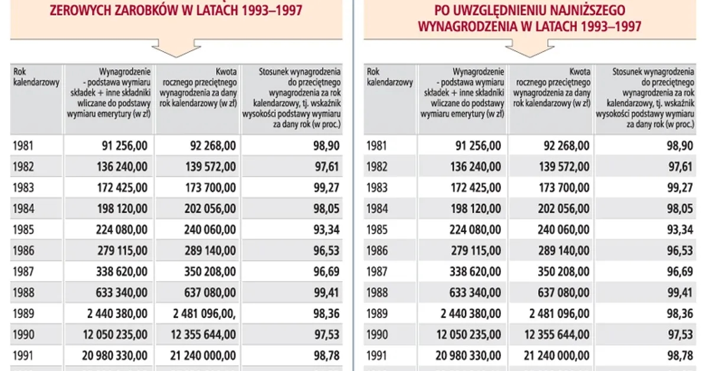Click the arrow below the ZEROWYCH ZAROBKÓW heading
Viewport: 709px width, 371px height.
[176, 47]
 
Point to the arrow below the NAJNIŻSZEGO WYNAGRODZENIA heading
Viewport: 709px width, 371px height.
[529, 47]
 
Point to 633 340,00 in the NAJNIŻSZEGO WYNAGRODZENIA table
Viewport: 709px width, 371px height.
[476, 292]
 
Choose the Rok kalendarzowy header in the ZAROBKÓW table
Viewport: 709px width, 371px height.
[36, 77]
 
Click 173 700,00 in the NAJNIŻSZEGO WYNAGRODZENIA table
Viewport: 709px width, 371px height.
[560, 188]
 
